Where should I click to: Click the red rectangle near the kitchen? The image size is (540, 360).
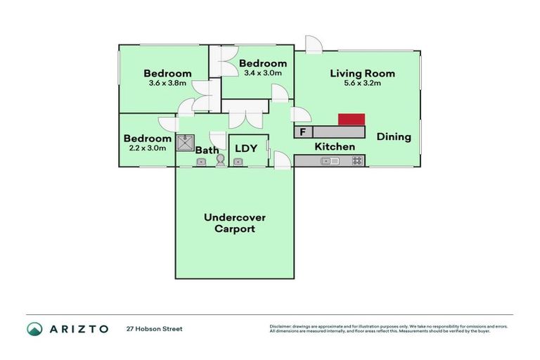point(352,120)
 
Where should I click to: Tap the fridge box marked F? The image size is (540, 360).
point(303,131)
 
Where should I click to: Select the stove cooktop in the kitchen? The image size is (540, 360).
point(357,161)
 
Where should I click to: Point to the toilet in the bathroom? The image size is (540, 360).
point(221,160)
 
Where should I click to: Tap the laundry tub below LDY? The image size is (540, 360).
point(238,162)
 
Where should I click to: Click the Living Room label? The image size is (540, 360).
point(362,73)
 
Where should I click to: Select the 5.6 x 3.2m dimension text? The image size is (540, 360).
point(362,83)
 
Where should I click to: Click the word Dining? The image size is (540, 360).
point(394,137)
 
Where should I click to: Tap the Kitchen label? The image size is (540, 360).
point(334,147)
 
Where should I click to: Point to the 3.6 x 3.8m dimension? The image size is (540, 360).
point(167,83)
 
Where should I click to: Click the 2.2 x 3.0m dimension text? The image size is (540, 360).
point(147,148)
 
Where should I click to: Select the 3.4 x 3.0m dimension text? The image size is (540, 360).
point(262,72)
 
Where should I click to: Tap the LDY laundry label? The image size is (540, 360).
point(245,148)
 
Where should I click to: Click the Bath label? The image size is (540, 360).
point(207,150)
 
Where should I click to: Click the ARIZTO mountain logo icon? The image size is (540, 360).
point(34,328)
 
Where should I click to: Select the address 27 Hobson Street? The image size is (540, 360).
point(154,328)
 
